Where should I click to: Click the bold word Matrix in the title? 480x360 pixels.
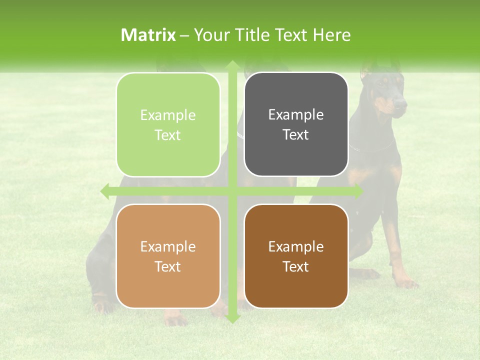click(148, 35)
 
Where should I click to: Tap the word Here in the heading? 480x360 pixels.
click(332, 35)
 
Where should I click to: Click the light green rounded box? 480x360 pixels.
click(168, 125)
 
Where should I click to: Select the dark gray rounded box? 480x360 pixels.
click(296, 124)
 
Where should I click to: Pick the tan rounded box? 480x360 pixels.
click(168, 256)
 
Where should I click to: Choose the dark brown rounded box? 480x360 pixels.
click(296, 256)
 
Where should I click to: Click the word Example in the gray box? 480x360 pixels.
click(296, 114)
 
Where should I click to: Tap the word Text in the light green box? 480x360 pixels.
click(168, 135)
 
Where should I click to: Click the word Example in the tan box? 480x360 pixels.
click(168, 246)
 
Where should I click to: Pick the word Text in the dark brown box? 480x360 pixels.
click(296, 266)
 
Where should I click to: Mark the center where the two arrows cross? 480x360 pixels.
click(232, 191)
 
